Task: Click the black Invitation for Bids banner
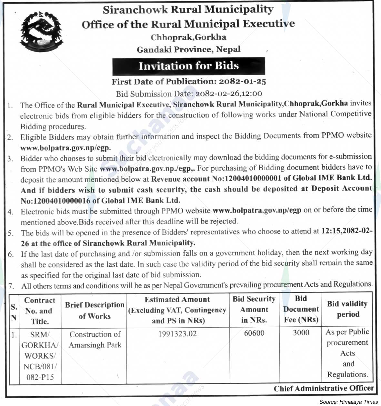click(x=189, y=66)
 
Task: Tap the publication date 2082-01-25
click(x=242, y=82)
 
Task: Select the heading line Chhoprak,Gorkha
click(x=188, y=37)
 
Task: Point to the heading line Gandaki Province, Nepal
click(x=189, y=49)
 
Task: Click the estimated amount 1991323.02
click(x=177, y=334)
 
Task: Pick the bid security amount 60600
click(x=254, y=333)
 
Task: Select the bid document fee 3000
click(x=301, y=333)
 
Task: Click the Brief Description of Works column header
click(x=95, y=311)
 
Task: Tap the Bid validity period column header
click(x=347, y=309)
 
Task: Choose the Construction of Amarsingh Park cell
click(x=95, y=340)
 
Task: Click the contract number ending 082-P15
click(x=40, y=377)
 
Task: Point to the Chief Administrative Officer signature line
click(x=324, y=389)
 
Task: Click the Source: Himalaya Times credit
click(x=348, y=402)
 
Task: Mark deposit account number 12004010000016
click(x=61, y=201)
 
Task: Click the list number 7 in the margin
click(x=11, y=286)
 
